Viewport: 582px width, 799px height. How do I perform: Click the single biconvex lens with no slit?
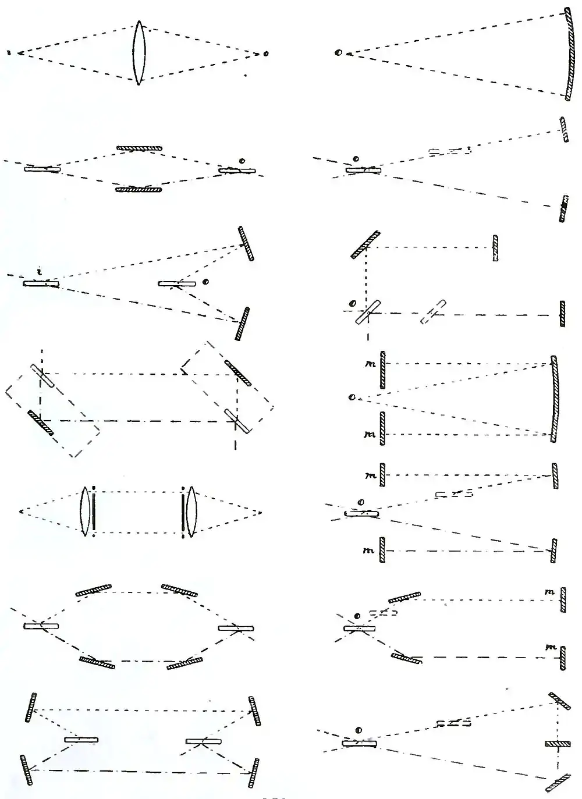pyautogui.click(x=139, y=53)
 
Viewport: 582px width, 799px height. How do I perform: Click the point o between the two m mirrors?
pyautogui.click(x=351, y=397)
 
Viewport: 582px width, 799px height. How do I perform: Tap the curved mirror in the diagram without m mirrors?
pyautogui.click(x=568, y=54)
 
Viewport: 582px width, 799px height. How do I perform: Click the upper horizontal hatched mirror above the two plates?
pyautogui.click(x=139, y=149)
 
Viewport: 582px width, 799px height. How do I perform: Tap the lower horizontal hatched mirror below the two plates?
pyautogui.click(x=139, y=189)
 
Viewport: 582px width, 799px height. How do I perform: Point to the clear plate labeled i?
pyautogui.click(x=41, y=283)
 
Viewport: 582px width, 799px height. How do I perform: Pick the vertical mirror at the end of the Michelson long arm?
pyautogui.click(x=562, y=314)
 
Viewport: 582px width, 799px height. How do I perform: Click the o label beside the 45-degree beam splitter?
pyautogui.click(x=351, y=303)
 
